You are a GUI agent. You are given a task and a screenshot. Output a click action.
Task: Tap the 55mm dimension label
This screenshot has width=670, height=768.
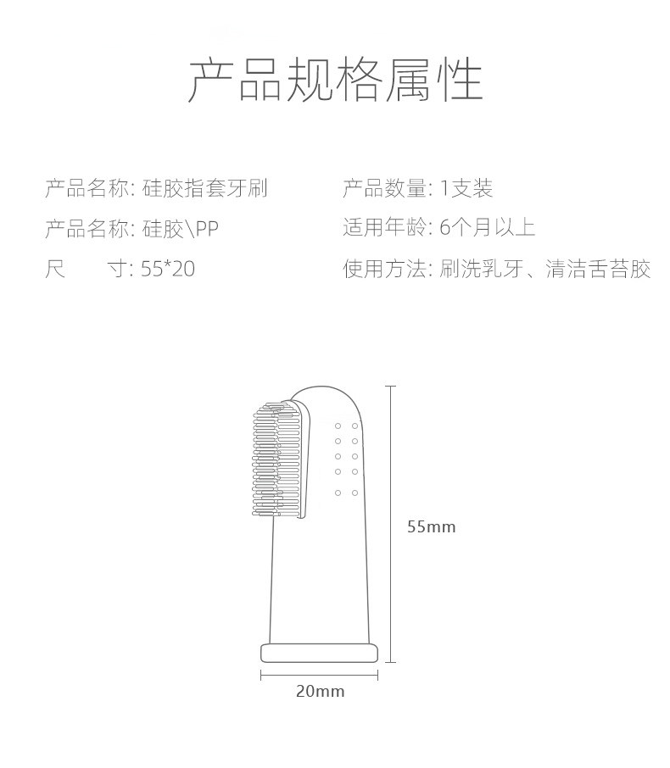click(431, 526)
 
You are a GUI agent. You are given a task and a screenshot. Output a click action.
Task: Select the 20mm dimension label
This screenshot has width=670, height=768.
click(320, 691)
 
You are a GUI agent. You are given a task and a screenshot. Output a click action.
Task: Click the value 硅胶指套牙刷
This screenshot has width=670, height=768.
click(204, 188)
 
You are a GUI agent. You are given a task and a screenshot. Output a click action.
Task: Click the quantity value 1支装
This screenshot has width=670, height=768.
click(466, 188)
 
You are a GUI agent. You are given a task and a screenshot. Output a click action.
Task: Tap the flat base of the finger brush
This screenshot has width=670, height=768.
click(318, 651)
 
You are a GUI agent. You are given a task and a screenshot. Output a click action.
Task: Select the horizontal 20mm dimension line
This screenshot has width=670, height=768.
click(318, 675)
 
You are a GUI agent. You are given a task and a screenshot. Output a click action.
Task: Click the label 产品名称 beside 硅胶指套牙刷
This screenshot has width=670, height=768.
click(86, 188)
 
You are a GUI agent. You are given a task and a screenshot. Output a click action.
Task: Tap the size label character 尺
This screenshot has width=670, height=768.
click(55, 270)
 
